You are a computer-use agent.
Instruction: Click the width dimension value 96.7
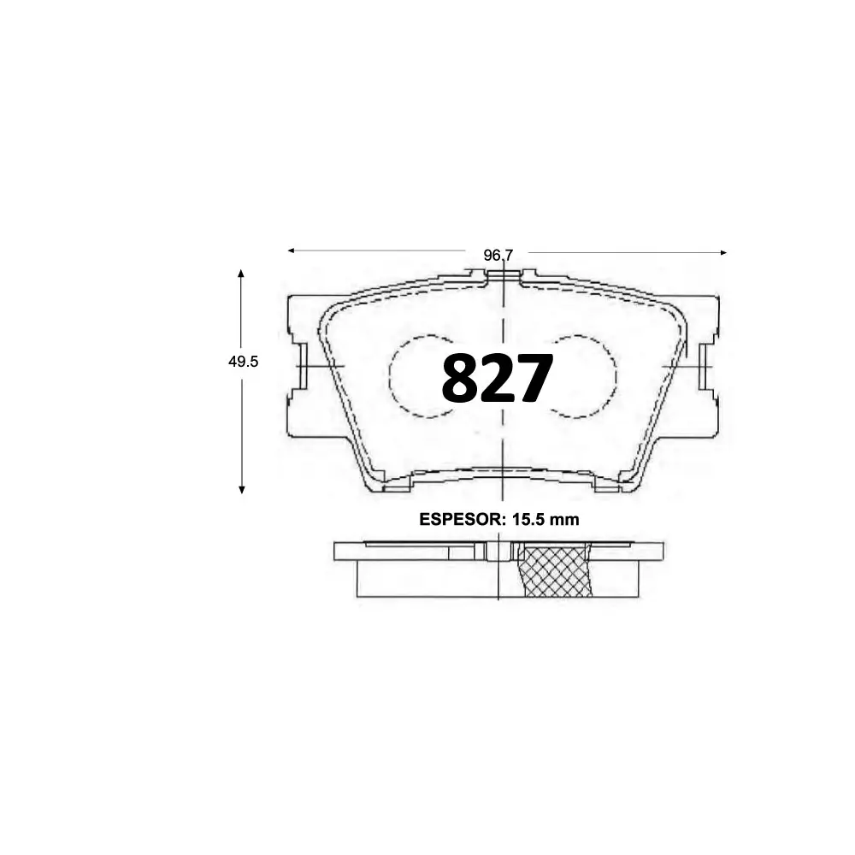(498, 255)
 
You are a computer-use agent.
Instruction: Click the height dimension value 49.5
(243, 362)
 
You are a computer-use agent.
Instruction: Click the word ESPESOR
(461, 519)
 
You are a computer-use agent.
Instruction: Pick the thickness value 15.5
(531, 519)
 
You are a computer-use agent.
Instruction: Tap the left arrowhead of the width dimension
(291, 251)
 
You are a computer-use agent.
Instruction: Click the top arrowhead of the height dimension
(242, 273)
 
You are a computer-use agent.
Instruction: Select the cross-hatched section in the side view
(557, 570)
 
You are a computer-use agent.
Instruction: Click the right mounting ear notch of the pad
(706, 366)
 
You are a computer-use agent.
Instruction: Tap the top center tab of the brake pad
(504, 275)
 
